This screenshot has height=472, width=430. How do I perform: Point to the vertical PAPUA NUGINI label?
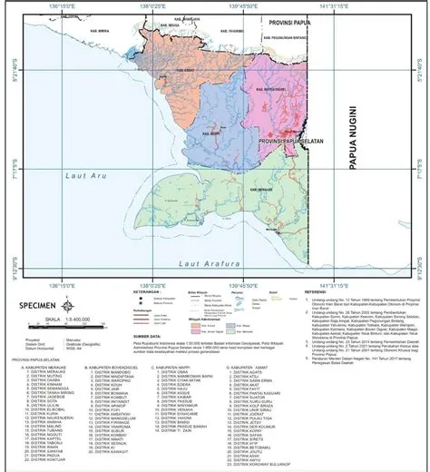[354, 154]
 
